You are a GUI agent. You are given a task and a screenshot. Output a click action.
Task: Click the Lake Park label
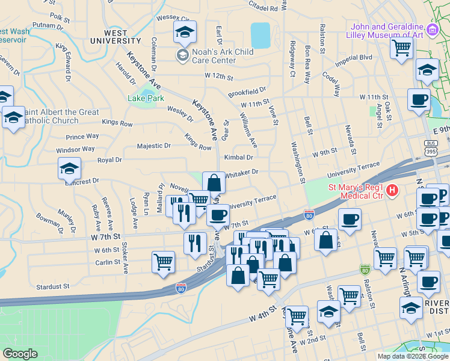click(146, 98)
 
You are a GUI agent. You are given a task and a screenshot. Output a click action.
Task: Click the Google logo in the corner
click(20, 354)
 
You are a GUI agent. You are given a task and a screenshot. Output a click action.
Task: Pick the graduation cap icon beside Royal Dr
click(69, 168)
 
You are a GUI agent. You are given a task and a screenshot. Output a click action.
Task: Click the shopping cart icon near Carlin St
click(163, 262)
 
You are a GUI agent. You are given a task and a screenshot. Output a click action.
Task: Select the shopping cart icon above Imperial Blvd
click(401, 48)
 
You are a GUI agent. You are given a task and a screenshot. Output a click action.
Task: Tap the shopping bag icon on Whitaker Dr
click(214, 182)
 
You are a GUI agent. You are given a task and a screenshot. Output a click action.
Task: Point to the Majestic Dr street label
click(154, 146)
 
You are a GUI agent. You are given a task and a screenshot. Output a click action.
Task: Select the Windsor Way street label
click(75, 149)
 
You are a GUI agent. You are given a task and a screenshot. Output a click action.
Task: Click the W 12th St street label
click(218, 76)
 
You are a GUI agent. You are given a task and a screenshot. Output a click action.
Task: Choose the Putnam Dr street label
click(44, 25)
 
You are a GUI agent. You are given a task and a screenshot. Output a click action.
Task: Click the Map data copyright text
click(412, 356)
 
